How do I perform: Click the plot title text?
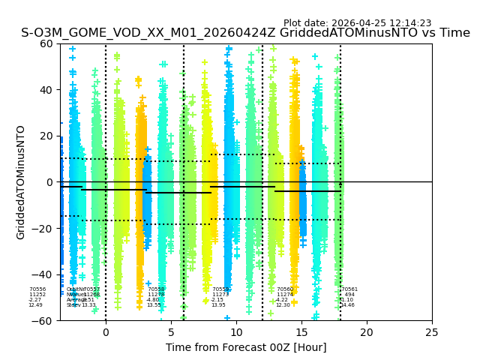click(x=245, y=33)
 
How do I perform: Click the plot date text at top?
click(x=357, y=23)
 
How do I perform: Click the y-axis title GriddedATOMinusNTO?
click(x=21, y=182)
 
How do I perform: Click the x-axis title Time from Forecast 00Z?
click(x=246, y=347)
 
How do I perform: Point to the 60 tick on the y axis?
click(x=46, y=43)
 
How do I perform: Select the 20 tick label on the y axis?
click(x=46, y=136)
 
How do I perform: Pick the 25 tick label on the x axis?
click(x=432, y=332)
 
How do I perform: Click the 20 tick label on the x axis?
click(x=367, y=332)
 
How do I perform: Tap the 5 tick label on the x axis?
click(x=171, y=332)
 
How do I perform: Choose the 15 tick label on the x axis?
click(x=301, y=332)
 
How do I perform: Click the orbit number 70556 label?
click(x=37, y=289)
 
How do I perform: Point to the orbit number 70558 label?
click(x=155, y=289)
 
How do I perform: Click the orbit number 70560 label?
click(x=285, y=289)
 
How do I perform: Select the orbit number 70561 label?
click(x=349, y=289)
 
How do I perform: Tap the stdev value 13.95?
click(x=218, y=305)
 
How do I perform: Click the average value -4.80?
click(x=153, y=300)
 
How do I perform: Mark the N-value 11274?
click(x=285, y=295)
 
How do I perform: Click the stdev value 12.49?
click(x=35, y=305)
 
